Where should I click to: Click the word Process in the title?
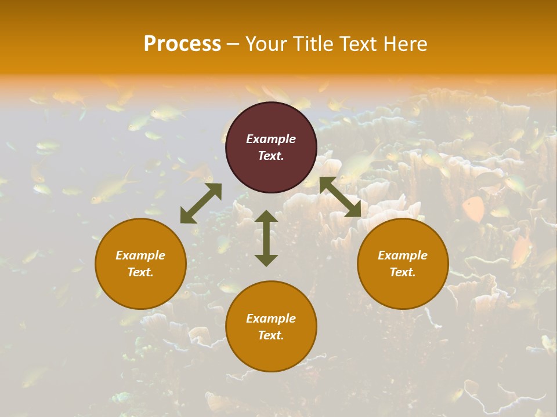182,43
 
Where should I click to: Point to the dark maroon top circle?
271,147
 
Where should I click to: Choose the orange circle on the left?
140,264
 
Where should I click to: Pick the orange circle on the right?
403,264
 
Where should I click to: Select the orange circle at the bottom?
271,327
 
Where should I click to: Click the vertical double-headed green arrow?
266,238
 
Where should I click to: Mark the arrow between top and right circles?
341,197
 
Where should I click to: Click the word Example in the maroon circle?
271,139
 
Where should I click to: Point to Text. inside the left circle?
140,272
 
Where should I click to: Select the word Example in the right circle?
403,255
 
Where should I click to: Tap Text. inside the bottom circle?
271,335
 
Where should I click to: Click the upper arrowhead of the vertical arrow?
266,217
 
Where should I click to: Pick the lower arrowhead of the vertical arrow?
266,259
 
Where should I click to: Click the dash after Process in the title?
233,43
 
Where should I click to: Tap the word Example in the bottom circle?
271,319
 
